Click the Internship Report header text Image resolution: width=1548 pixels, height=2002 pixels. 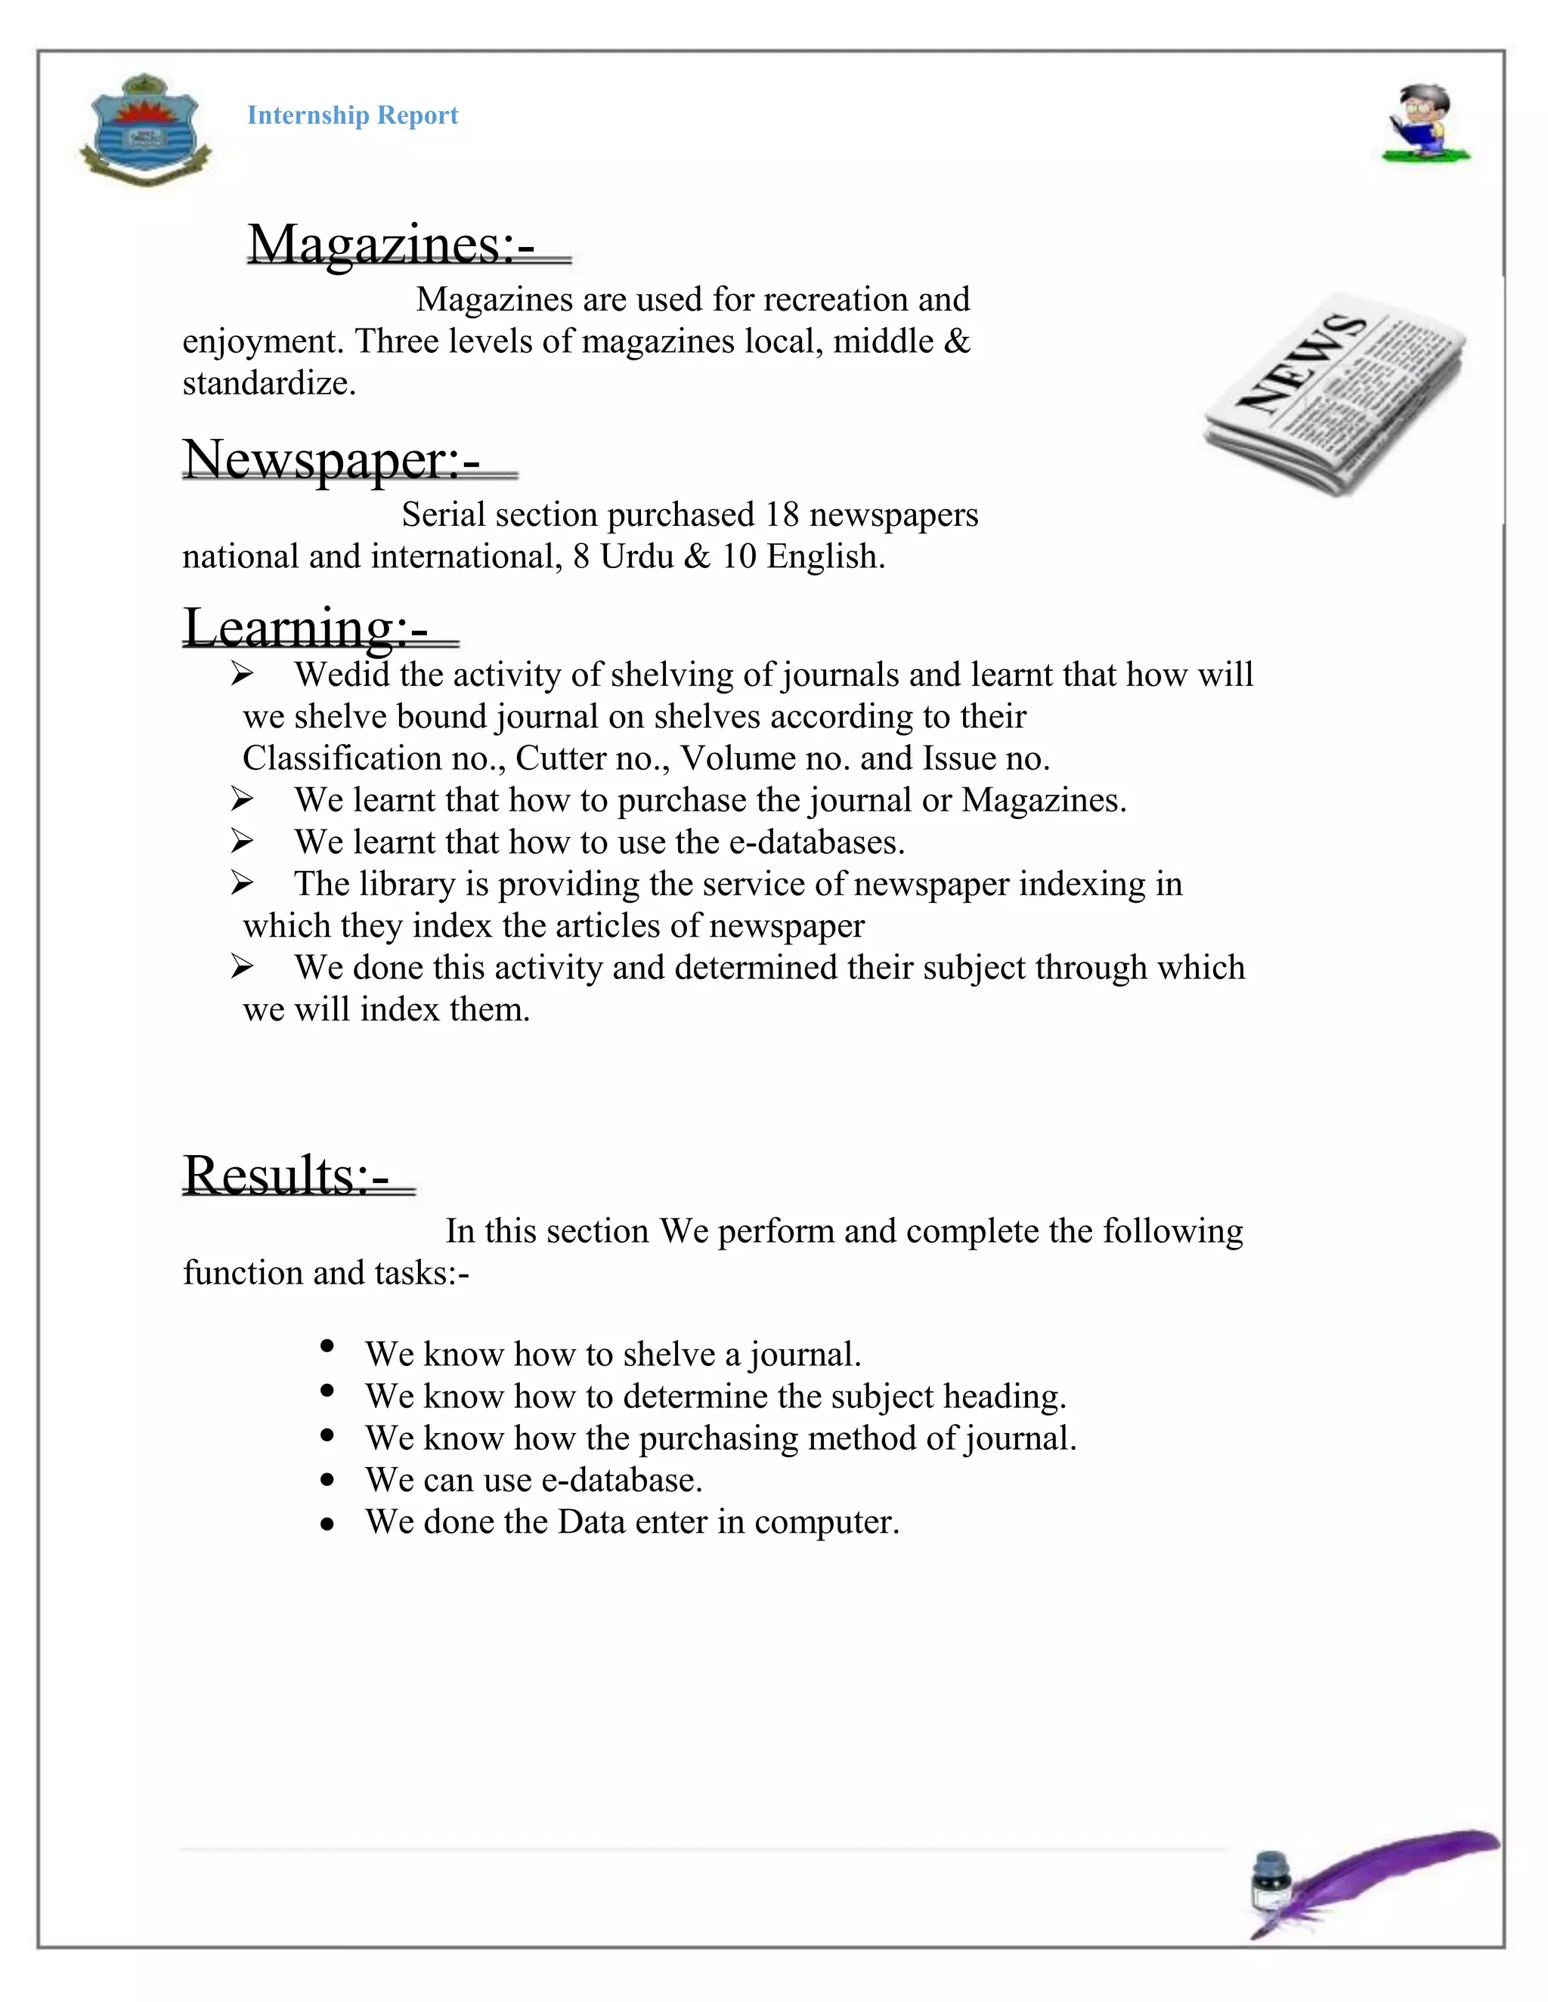click(x=352, y=116)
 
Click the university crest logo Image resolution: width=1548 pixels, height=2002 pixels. click(x=146, y=129)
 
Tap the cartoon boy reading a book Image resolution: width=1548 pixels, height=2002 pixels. click(x=1423, y=125)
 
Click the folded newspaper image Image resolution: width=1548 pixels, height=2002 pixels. click(x=1333, y=394)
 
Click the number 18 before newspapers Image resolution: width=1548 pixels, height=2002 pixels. click(x=782, y=515)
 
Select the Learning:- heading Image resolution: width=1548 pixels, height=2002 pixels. click(x=305, y=627)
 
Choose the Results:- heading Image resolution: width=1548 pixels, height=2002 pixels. click(x=286, y=1176)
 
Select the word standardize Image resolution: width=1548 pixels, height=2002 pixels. click(x=268, y=383)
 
